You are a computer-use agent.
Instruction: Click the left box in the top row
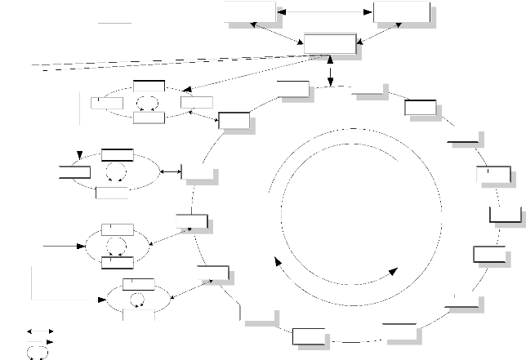point(249,13)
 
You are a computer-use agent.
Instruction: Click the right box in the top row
point(400,13)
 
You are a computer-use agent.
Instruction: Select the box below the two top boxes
point(330,44)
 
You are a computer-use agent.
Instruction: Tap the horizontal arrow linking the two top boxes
point(324,12)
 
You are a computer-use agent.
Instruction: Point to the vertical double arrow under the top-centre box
point(328,70)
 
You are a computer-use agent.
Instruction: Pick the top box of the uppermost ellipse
point(149,86)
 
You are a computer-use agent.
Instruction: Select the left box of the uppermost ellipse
point(106,102)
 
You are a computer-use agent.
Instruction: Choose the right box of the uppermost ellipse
point(197,102)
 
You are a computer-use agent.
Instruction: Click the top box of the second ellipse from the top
point(118,155)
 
